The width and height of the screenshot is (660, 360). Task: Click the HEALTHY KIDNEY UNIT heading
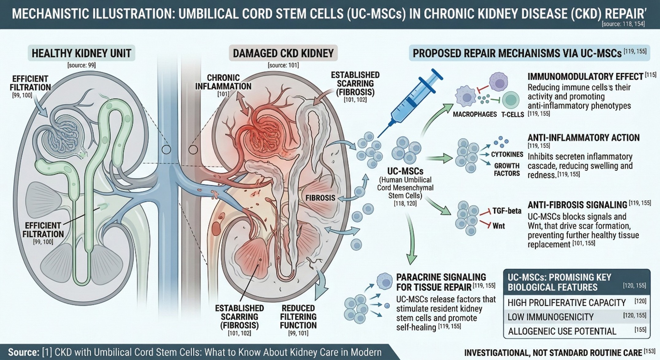(x=81, y=53)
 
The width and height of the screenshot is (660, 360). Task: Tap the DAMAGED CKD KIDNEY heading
(x=283, y=53)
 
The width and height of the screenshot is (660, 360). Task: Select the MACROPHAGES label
(x=475, y=114)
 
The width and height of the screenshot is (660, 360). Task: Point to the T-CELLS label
(x=512, y=114)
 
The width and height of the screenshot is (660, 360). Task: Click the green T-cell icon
(x=511, y=100)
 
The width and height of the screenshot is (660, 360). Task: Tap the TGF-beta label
(x=507, y=211)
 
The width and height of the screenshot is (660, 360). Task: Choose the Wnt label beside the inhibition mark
(x=499, y=226)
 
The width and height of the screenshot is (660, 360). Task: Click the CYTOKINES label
(x=507, y=154)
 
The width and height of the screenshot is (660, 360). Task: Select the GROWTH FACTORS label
(x=507, y=169)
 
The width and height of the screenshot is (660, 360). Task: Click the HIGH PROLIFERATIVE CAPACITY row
(x=566, y=303)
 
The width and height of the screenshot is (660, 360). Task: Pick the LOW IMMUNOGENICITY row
(x=550, y=317)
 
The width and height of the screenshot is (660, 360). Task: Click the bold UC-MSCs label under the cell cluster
(x=405, y=171)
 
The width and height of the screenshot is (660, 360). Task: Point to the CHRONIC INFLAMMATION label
(x=223, y=82)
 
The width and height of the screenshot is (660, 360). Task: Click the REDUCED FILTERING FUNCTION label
(x=298, y=316)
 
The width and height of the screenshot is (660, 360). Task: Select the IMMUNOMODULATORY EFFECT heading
(x=585, y=76)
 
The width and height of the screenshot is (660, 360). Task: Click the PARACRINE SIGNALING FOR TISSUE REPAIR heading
(x=441, y=282)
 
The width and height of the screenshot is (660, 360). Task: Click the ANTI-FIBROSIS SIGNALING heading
(x=577, y=205)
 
